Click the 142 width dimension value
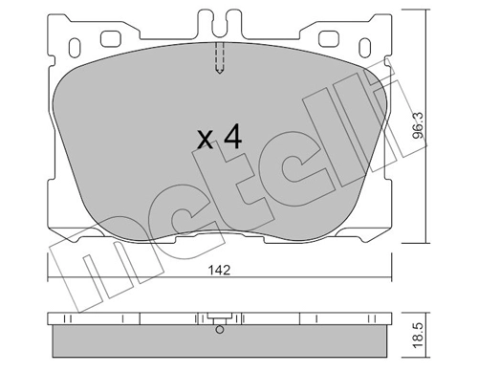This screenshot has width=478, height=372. pos(219,271)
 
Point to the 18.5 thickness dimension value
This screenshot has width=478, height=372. pos(418,335)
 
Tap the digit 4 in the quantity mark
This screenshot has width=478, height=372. pos(233,136)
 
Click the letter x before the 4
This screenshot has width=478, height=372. pos(205,140)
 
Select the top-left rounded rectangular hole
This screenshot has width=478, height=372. pos(111,38)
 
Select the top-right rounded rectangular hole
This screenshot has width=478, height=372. pos(329,38)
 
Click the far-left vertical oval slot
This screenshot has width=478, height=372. pos(75,48)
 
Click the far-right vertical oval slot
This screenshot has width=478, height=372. pos(365,48)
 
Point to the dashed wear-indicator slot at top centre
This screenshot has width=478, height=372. pos(220,58)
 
